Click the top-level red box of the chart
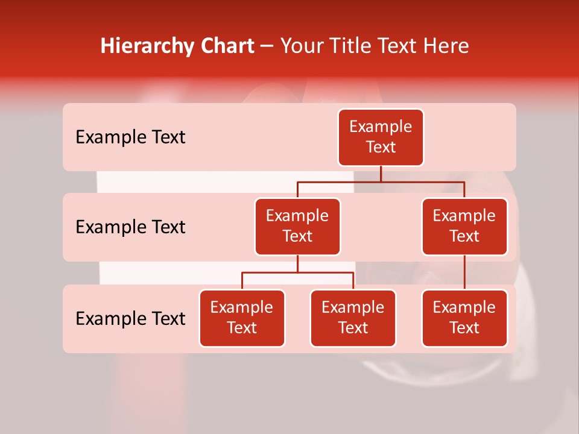click(x=381, y=137)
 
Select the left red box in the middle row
click(x=297, y=227)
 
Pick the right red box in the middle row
click(x=464, y=227)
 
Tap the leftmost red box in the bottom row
click(x=242, y=318)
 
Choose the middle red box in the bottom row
click(x=353, y=318)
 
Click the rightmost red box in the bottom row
click(x=464, y=318)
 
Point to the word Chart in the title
click(x=227, y=46)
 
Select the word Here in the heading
click(x=447, y=46)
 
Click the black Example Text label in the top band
click(x=130, y=137)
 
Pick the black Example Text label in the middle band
click(x=130, y=227)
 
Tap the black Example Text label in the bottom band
click(x=130, y=318)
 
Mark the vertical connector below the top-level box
click(x=381, y=174)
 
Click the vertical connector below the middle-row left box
click(x=297, y=263)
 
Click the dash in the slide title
click(x=267, y=46)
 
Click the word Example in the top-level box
click(x=381, y=127)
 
